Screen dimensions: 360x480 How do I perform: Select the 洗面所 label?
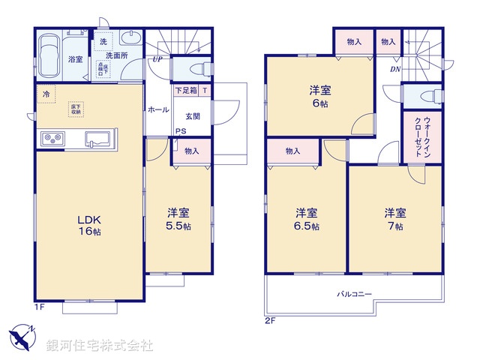(x=116, y=55)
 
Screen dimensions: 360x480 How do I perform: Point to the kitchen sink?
(x=98, y=139)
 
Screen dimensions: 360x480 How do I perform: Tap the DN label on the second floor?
(x=395, y=69)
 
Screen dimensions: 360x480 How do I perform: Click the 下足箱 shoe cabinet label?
(x=186, y=91)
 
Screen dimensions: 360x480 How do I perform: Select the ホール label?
(x=158, y=109)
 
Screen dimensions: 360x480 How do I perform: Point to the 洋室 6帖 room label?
(x=321, y=95)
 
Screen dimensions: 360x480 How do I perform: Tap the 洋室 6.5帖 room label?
(x=306, y=218)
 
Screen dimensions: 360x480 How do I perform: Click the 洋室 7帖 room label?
(x=395, y=218)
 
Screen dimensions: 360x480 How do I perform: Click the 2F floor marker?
(x=271, y=320)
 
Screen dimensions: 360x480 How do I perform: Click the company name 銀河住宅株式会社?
(x=100, y=346)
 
